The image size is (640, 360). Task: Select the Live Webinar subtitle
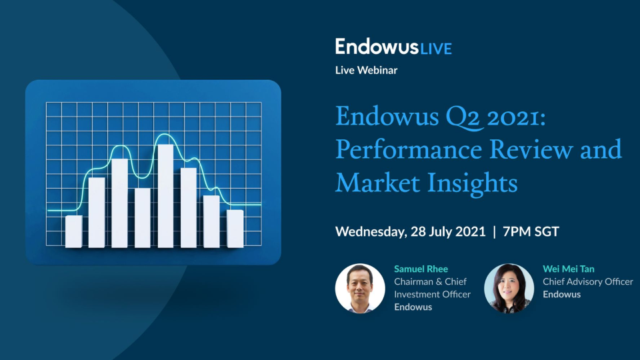[x=366, y=69]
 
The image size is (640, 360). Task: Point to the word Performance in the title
[x=409, y=149]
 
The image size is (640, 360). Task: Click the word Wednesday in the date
[x=369, y=232]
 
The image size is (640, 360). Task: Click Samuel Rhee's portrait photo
[x=360, y=288]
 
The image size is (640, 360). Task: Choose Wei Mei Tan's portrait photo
[x=509, y=288]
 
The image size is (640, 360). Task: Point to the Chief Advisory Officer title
[x=587, y=281]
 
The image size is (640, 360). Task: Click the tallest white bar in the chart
[x=165, y=195]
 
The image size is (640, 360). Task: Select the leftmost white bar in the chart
[x=74, y=231]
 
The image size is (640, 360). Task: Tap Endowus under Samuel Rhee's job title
[x=413, y=307]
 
